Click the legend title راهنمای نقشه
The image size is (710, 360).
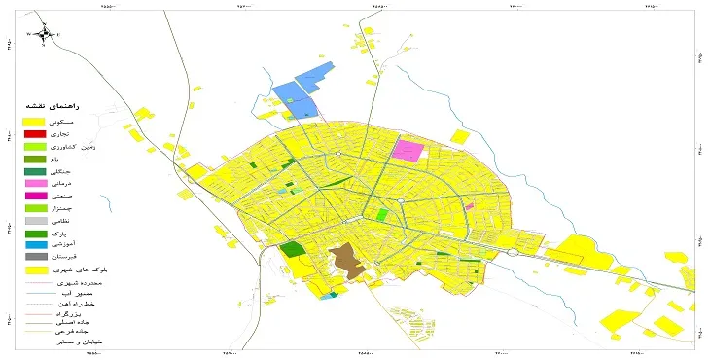[48, 104]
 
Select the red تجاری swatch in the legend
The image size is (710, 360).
[35, 132]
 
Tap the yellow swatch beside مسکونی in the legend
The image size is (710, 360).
[35, 119]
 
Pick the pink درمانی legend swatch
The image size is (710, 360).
[35, 183]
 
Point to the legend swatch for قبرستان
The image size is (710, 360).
[35, 257]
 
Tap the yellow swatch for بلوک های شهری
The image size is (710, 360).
[35, 270]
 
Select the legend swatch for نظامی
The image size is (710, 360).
[35, 220]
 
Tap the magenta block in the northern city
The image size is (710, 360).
[409, 150]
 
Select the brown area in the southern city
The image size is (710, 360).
[344, 260]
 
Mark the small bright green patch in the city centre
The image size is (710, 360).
[382, 214]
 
